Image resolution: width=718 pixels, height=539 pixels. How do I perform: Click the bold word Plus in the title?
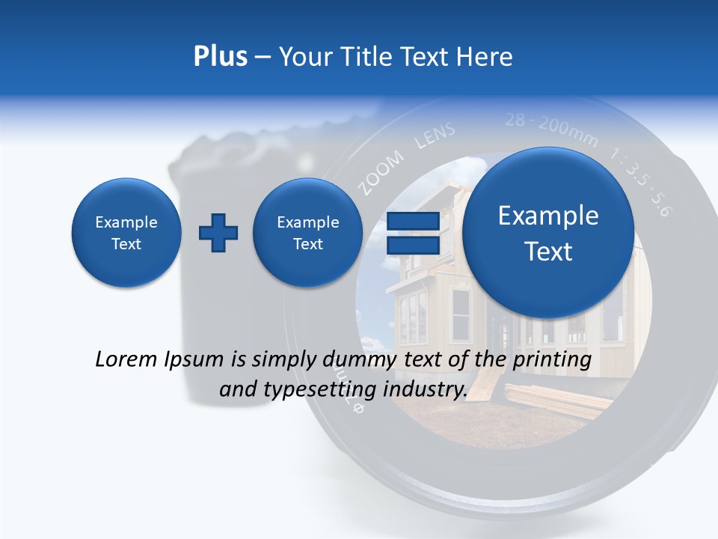tap(220, 57)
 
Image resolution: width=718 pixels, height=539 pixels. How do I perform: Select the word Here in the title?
tap(484, 57)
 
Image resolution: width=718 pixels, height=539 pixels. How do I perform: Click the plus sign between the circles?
tap(218, 233)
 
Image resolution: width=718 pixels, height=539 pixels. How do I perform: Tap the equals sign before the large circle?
tap(412, 234)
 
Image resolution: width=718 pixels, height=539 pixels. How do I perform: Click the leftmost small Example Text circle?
tap(126, 233)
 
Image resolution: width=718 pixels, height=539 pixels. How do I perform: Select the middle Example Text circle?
tap(307, 233)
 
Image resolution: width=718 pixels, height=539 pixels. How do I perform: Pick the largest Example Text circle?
tap(548, 234)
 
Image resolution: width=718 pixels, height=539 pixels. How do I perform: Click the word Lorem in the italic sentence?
tap(127, 359)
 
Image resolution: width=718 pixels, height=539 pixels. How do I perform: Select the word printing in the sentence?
tap(553, 359)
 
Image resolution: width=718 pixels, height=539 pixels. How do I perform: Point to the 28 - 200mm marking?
tap(551, 128)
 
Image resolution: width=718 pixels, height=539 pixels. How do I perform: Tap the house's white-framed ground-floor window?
tap(459, 314)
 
